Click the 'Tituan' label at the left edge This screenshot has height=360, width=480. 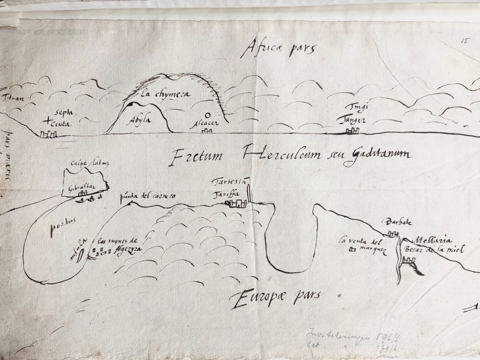pyautogui.click(x=13, y=99)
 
